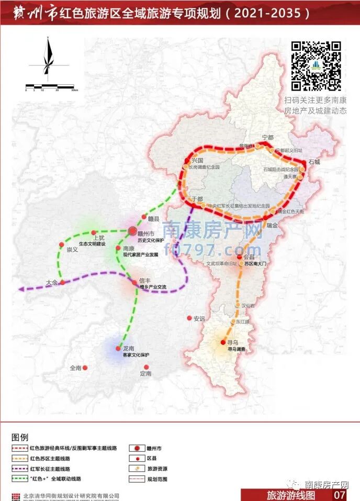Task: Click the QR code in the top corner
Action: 316,65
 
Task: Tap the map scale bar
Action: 50,86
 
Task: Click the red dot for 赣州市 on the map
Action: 132,231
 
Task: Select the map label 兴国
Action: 197,160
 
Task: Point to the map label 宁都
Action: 267,138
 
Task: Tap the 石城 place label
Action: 314,162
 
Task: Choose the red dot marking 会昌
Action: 239,258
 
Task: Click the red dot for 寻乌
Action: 223,342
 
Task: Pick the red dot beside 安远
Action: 189,318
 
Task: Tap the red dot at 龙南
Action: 119,348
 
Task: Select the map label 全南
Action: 76,368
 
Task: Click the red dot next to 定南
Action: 147,367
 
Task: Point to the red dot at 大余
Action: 62,282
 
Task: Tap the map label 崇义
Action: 72,250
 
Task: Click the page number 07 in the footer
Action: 340,494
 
